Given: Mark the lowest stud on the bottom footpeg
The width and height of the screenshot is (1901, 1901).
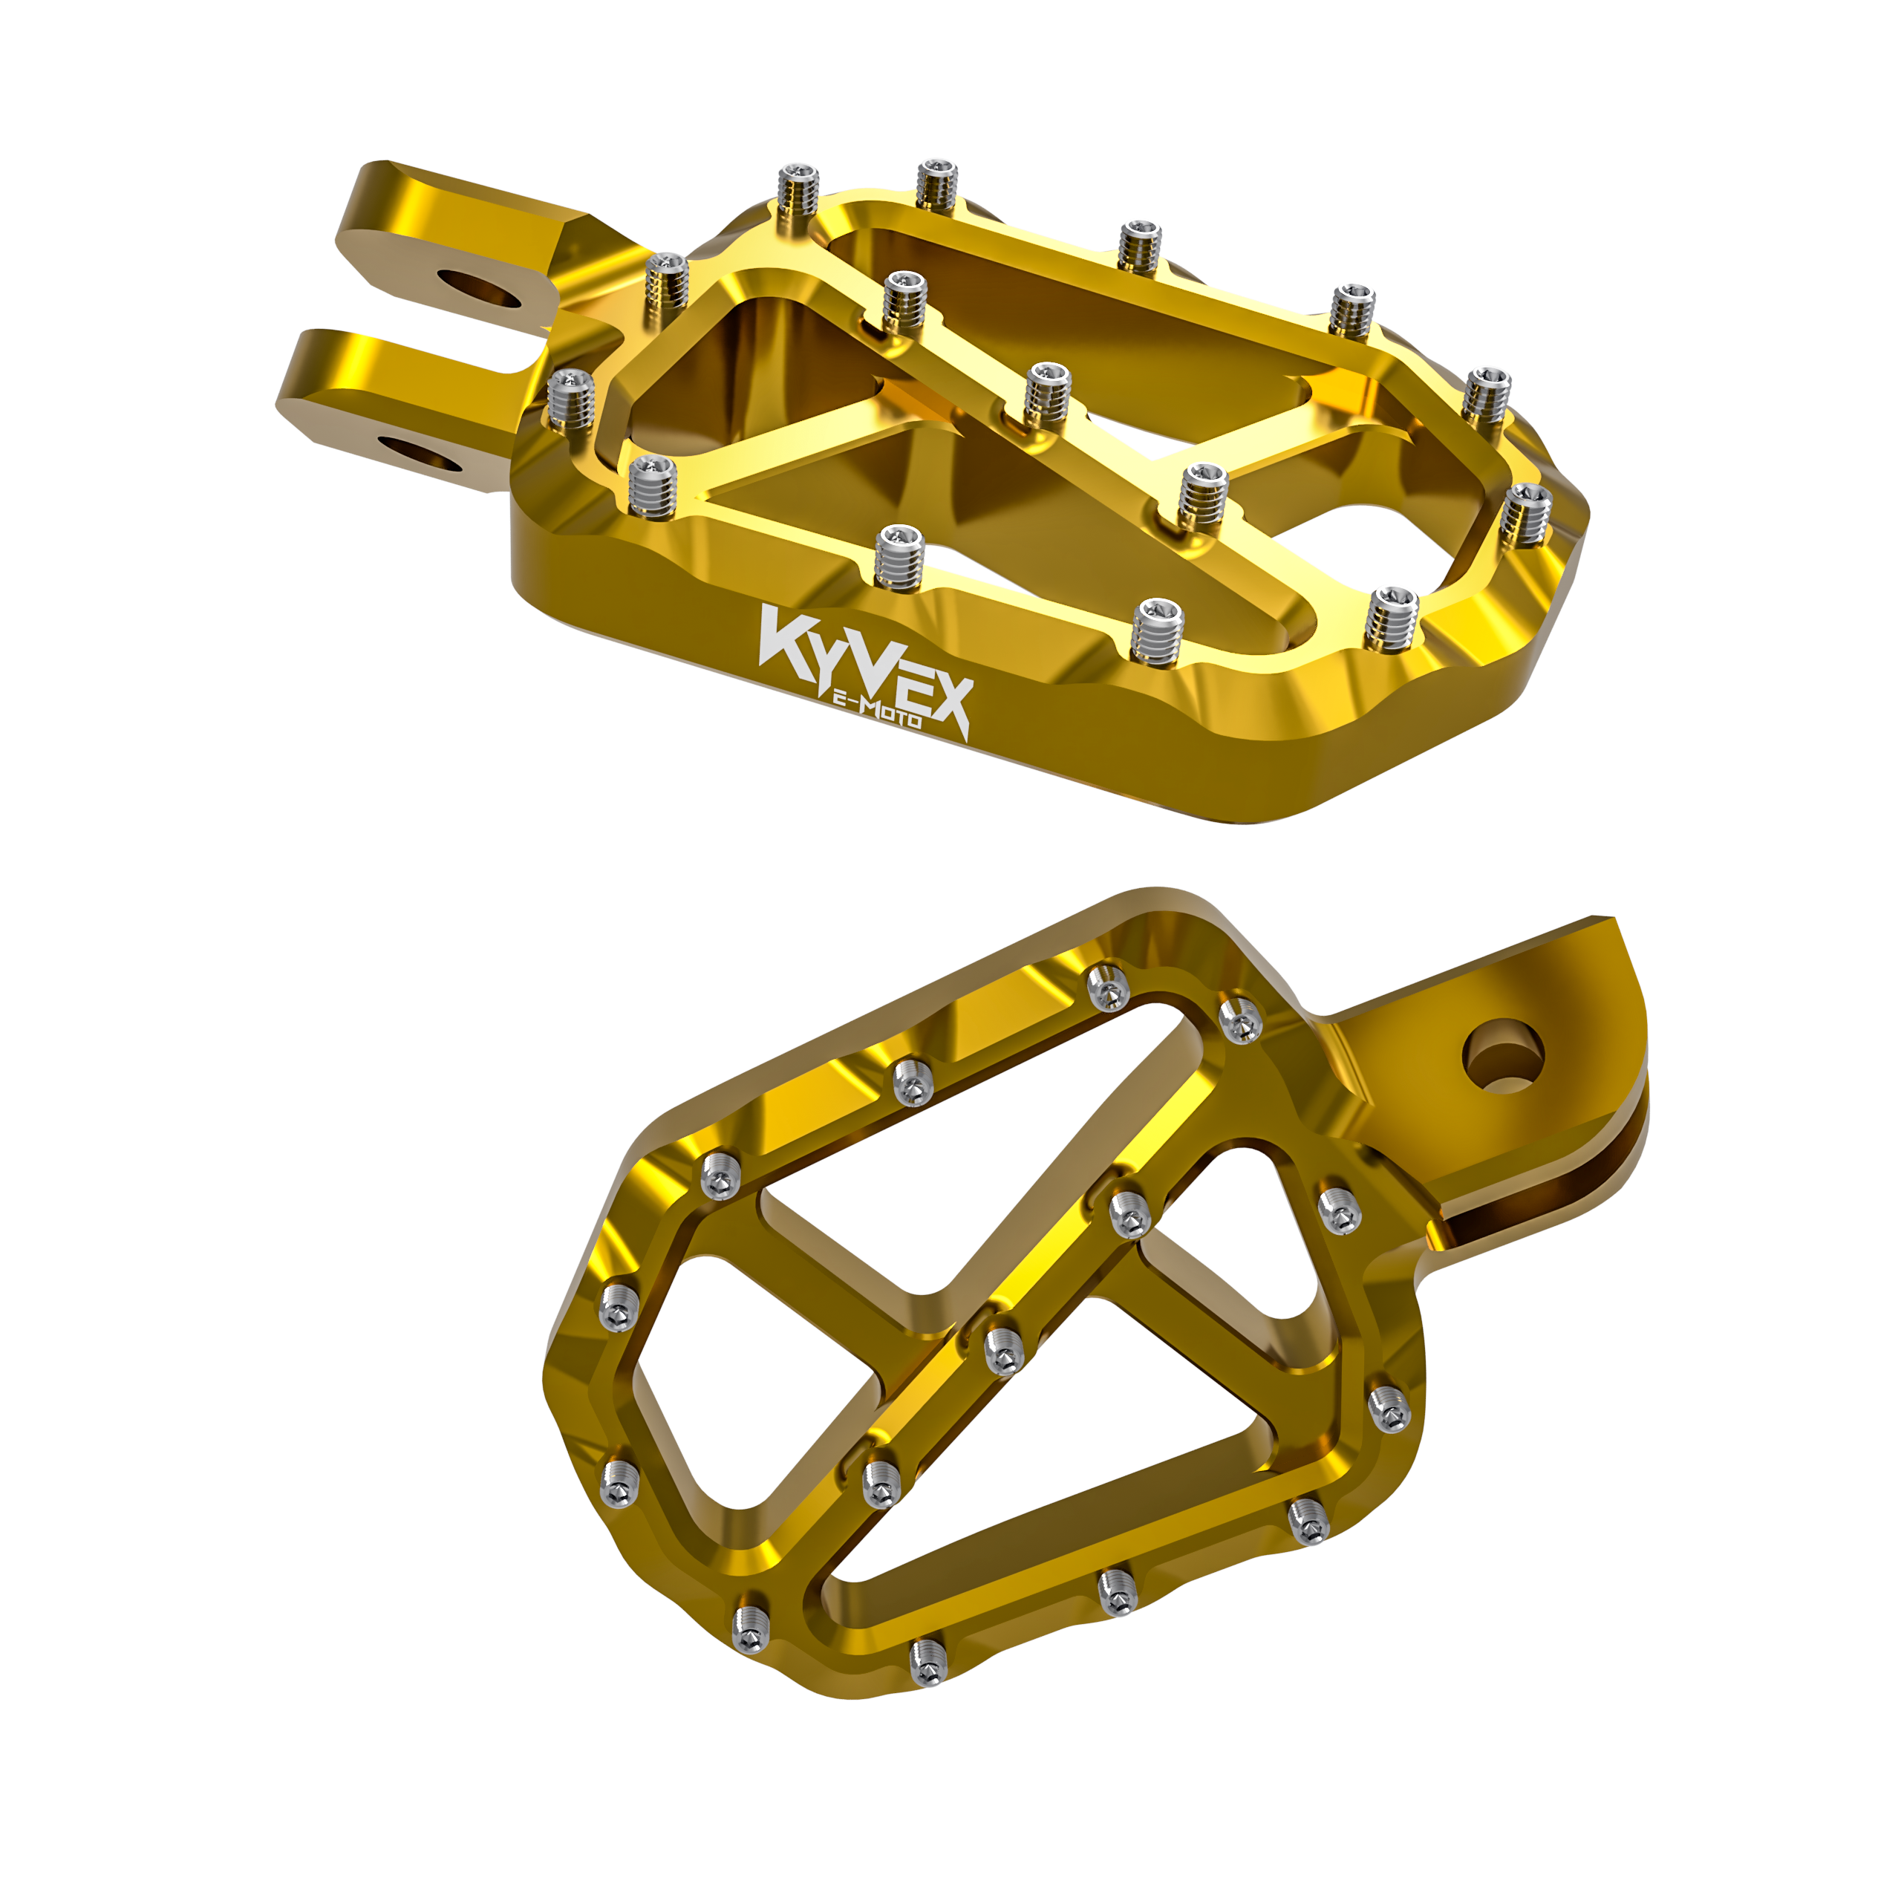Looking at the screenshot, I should tap(925, 1662).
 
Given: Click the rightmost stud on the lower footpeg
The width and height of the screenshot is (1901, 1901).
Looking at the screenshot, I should tap(1387, 1408).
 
